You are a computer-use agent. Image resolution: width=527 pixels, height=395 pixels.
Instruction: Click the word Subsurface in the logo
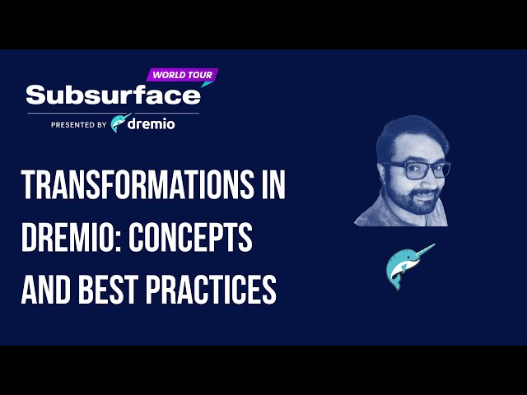click(x=113, y=95)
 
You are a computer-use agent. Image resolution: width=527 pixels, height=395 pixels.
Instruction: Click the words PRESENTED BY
click(x=78, y=125)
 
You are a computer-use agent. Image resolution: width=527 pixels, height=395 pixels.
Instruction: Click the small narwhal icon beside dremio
click(x=121, y=123)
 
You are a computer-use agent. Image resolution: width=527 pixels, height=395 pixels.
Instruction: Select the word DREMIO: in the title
click(x=75, y=237)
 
